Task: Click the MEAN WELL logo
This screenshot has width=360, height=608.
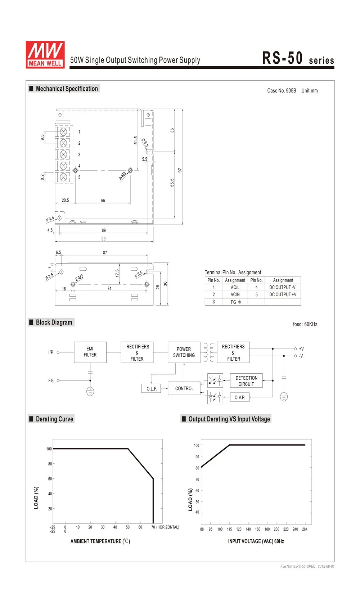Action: [x=45, y=54]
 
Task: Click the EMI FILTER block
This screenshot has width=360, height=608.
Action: [x=90, y=352]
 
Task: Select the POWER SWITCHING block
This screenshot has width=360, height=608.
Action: [x=184, y=352]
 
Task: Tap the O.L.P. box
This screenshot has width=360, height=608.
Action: [x=152, y=389]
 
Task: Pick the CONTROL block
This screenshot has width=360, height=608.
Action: [x=184, y=388]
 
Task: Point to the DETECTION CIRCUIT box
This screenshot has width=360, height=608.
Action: [x=246, y=381]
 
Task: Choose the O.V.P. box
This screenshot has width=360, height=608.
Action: [x=240, y=397]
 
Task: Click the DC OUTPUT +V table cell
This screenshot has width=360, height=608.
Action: [x=283, y=294]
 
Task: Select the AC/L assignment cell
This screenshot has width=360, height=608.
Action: [x=235, y=287]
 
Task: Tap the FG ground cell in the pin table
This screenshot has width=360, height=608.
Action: [x=235, y=302]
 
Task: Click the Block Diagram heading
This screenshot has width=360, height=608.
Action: [x=54, y=322]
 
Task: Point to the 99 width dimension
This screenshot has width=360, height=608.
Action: [x=104, y=239]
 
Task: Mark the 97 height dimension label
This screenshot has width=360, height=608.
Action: [x=180, y=170]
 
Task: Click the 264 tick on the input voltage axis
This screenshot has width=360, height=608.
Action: [x=305, y=529]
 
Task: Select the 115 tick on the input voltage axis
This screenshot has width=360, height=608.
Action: [x=229, y=529]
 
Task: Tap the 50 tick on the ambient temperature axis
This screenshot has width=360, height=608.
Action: [x=128, y=527]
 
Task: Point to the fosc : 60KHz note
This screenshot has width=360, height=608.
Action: [x=305, y=324]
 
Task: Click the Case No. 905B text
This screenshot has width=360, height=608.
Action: [x=282, y=91]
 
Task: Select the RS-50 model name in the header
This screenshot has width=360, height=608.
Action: [x=282, y=58]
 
